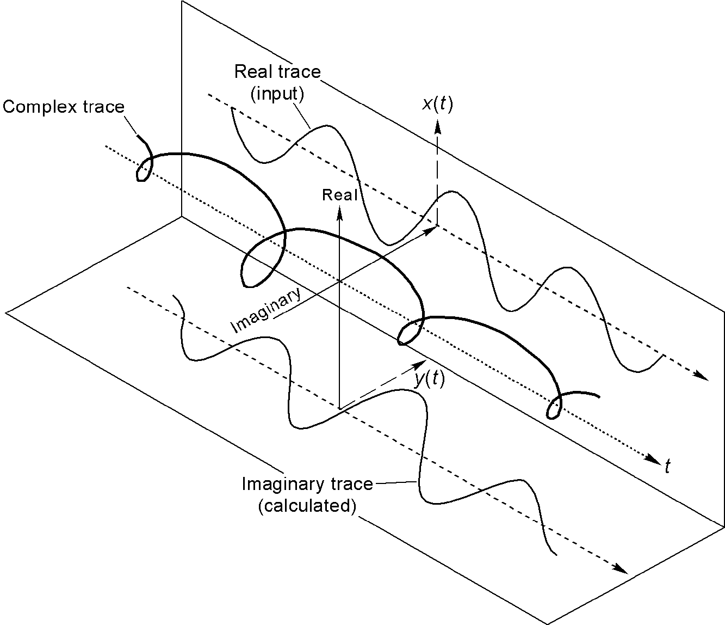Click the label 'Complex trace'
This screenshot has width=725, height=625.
click(x=63, y=107)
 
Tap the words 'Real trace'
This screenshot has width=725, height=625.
click(x=277, y=72)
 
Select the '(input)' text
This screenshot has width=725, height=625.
click(x=277, y=94)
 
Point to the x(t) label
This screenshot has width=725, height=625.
click(x=437, y=103)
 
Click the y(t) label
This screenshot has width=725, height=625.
click(x=429, y=379)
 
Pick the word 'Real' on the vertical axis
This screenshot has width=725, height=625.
click(x=340, y=195)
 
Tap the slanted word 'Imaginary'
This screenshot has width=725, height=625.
click(x=266, y=311)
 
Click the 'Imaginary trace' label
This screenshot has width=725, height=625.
click(x=307, y=484)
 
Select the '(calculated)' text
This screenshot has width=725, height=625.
click(x=307, y=506)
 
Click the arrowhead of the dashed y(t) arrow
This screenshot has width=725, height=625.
click(x=420, y=364)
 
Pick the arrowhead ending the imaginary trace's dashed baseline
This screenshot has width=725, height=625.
click(x=621, y=569)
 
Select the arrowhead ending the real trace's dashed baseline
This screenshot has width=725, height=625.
click(x=702, y=377)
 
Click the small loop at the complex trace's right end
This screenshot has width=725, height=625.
click(x=554, y=408)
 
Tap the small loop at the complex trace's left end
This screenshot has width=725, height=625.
click(x=143, y=170)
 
